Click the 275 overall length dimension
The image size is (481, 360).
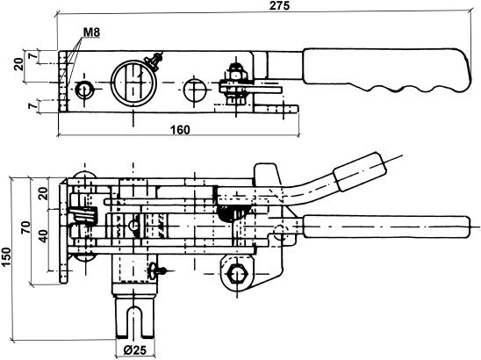pyautogui.click(x=279, y=5)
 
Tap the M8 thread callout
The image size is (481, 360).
pyautogui.click(x=91, y=32)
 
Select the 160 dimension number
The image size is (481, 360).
pyautogui.click(x=180, y=130)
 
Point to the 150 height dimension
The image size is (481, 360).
pyautogui.click(x=6, y=256)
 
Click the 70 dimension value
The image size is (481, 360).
pyautogui.click(x=25, y=227)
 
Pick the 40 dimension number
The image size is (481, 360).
pyautogui.click(x=44, y=235)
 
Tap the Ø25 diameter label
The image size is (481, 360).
pyautogui.click(x=135, y=350)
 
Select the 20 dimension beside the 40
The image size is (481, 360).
pyautogui.click(x=44, y=193)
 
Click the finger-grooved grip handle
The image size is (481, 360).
pyautogui.click(x=386, y=70)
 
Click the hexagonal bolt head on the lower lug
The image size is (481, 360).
pyautogui.click(x=236, y=272)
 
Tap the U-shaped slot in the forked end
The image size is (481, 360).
pyautogui.click(x=134, y=320)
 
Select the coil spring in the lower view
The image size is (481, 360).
pyautogui.click(x=84, y=214)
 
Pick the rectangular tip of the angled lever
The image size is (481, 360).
pyautogui.click(x=360, y=171)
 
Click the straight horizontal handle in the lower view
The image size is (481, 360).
pyautogui.click(x=386, y=227)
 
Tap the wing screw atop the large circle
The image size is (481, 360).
pyautogui.click(x=154, y=61)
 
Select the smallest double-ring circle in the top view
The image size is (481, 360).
pyautogui.click(x=84, y=90)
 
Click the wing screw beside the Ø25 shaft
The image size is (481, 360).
pyautogui.click(x=157, y=270)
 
